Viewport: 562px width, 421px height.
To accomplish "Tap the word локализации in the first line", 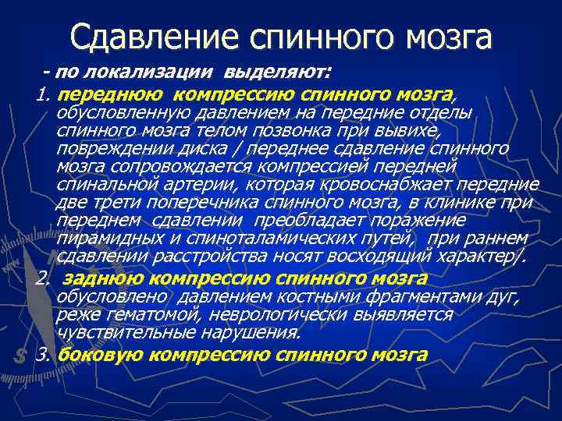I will click(x=165, y=73).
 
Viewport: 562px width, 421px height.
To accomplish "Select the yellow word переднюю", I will click(x=111, y=94).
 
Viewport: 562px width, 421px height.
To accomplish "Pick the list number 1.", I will click(x=43, y=94).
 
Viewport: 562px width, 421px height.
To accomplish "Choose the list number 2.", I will click(x=43, y=278).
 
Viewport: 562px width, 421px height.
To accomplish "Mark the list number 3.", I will click(x=43, y=354).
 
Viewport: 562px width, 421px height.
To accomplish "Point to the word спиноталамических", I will click(x=286, y=239).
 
